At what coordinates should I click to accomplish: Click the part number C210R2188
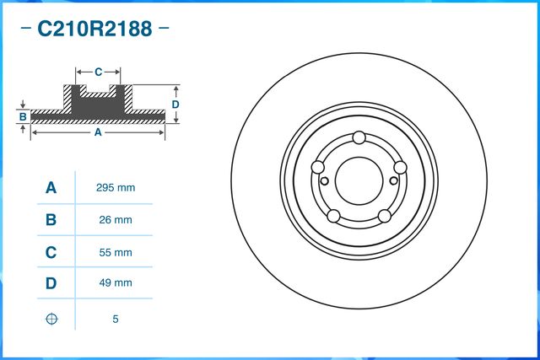click(x=94, y=30)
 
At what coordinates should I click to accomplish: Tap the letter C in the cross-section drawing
click(x=98, y=72)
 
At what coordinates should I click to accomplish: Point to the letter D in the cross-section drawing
click(x=175, y=105)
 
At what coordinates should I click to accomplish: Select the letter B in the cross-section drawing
click(x=24, y=116)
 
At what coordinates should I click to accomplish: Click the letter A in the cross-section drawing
click(x=98, y=132)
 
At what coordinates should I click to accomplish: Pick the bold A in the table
click(x=51, y=187)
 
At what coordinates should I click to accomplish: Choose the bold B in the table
click(x=51, y=220)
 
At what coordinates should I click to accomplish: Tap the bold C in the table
click(x=51, y=252)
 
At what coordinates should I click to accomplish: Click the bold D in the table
click(x=51, y=284)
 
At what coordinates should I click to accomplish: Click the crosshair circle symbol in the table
click(x=51, y=320)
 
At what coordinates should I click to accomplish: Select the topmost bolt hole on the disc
click(x=359, y=138)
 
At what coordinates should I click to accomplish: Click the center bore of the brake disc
click(x=359, y=179)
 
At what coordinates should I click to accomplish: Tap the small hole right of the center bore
click(x=393, y=179)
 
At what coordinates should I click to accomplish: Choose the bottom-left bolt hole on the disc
click(x=333, y=215)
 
